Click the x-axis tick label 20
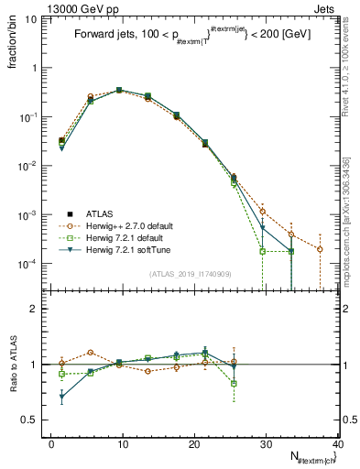pyautogui.click(x=194, y=444)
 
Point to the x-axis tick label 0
pyautogui.click(x=51, y=444)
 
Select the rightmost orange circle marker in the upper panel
pyautogui.click(x=320, y=249)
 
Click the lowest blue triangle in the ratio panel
pyautogui.click(x=61, y=398)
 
